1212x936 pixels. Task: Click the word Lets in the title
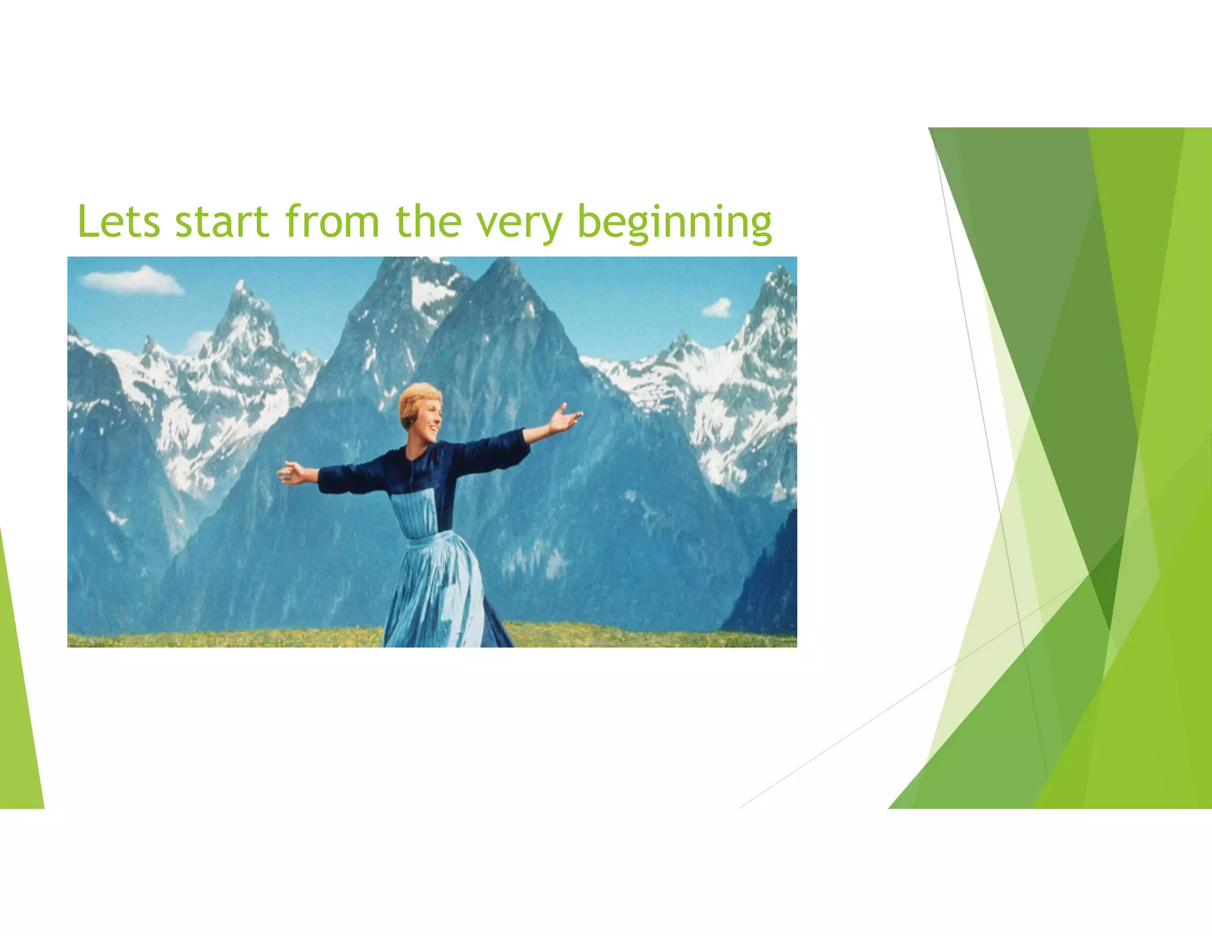(x=118, y=222)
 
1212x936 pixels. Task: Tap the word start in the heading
(x=222, y=222)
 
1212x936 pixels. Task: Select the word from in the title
(x=331, y=222)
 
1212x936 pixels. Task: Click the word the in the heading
(x=428, y=222)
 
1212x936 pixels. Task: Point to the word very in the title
(x=520, y=224)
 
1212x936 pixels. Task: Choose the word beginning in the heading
(x=674, y=224)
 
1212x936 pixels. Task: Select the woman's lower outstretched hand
(x=291, y=473)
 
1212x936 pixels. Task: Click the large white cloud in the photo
(x=134, y=280)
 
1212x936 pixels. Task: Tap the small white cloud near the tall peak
(x=718, y=308)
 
